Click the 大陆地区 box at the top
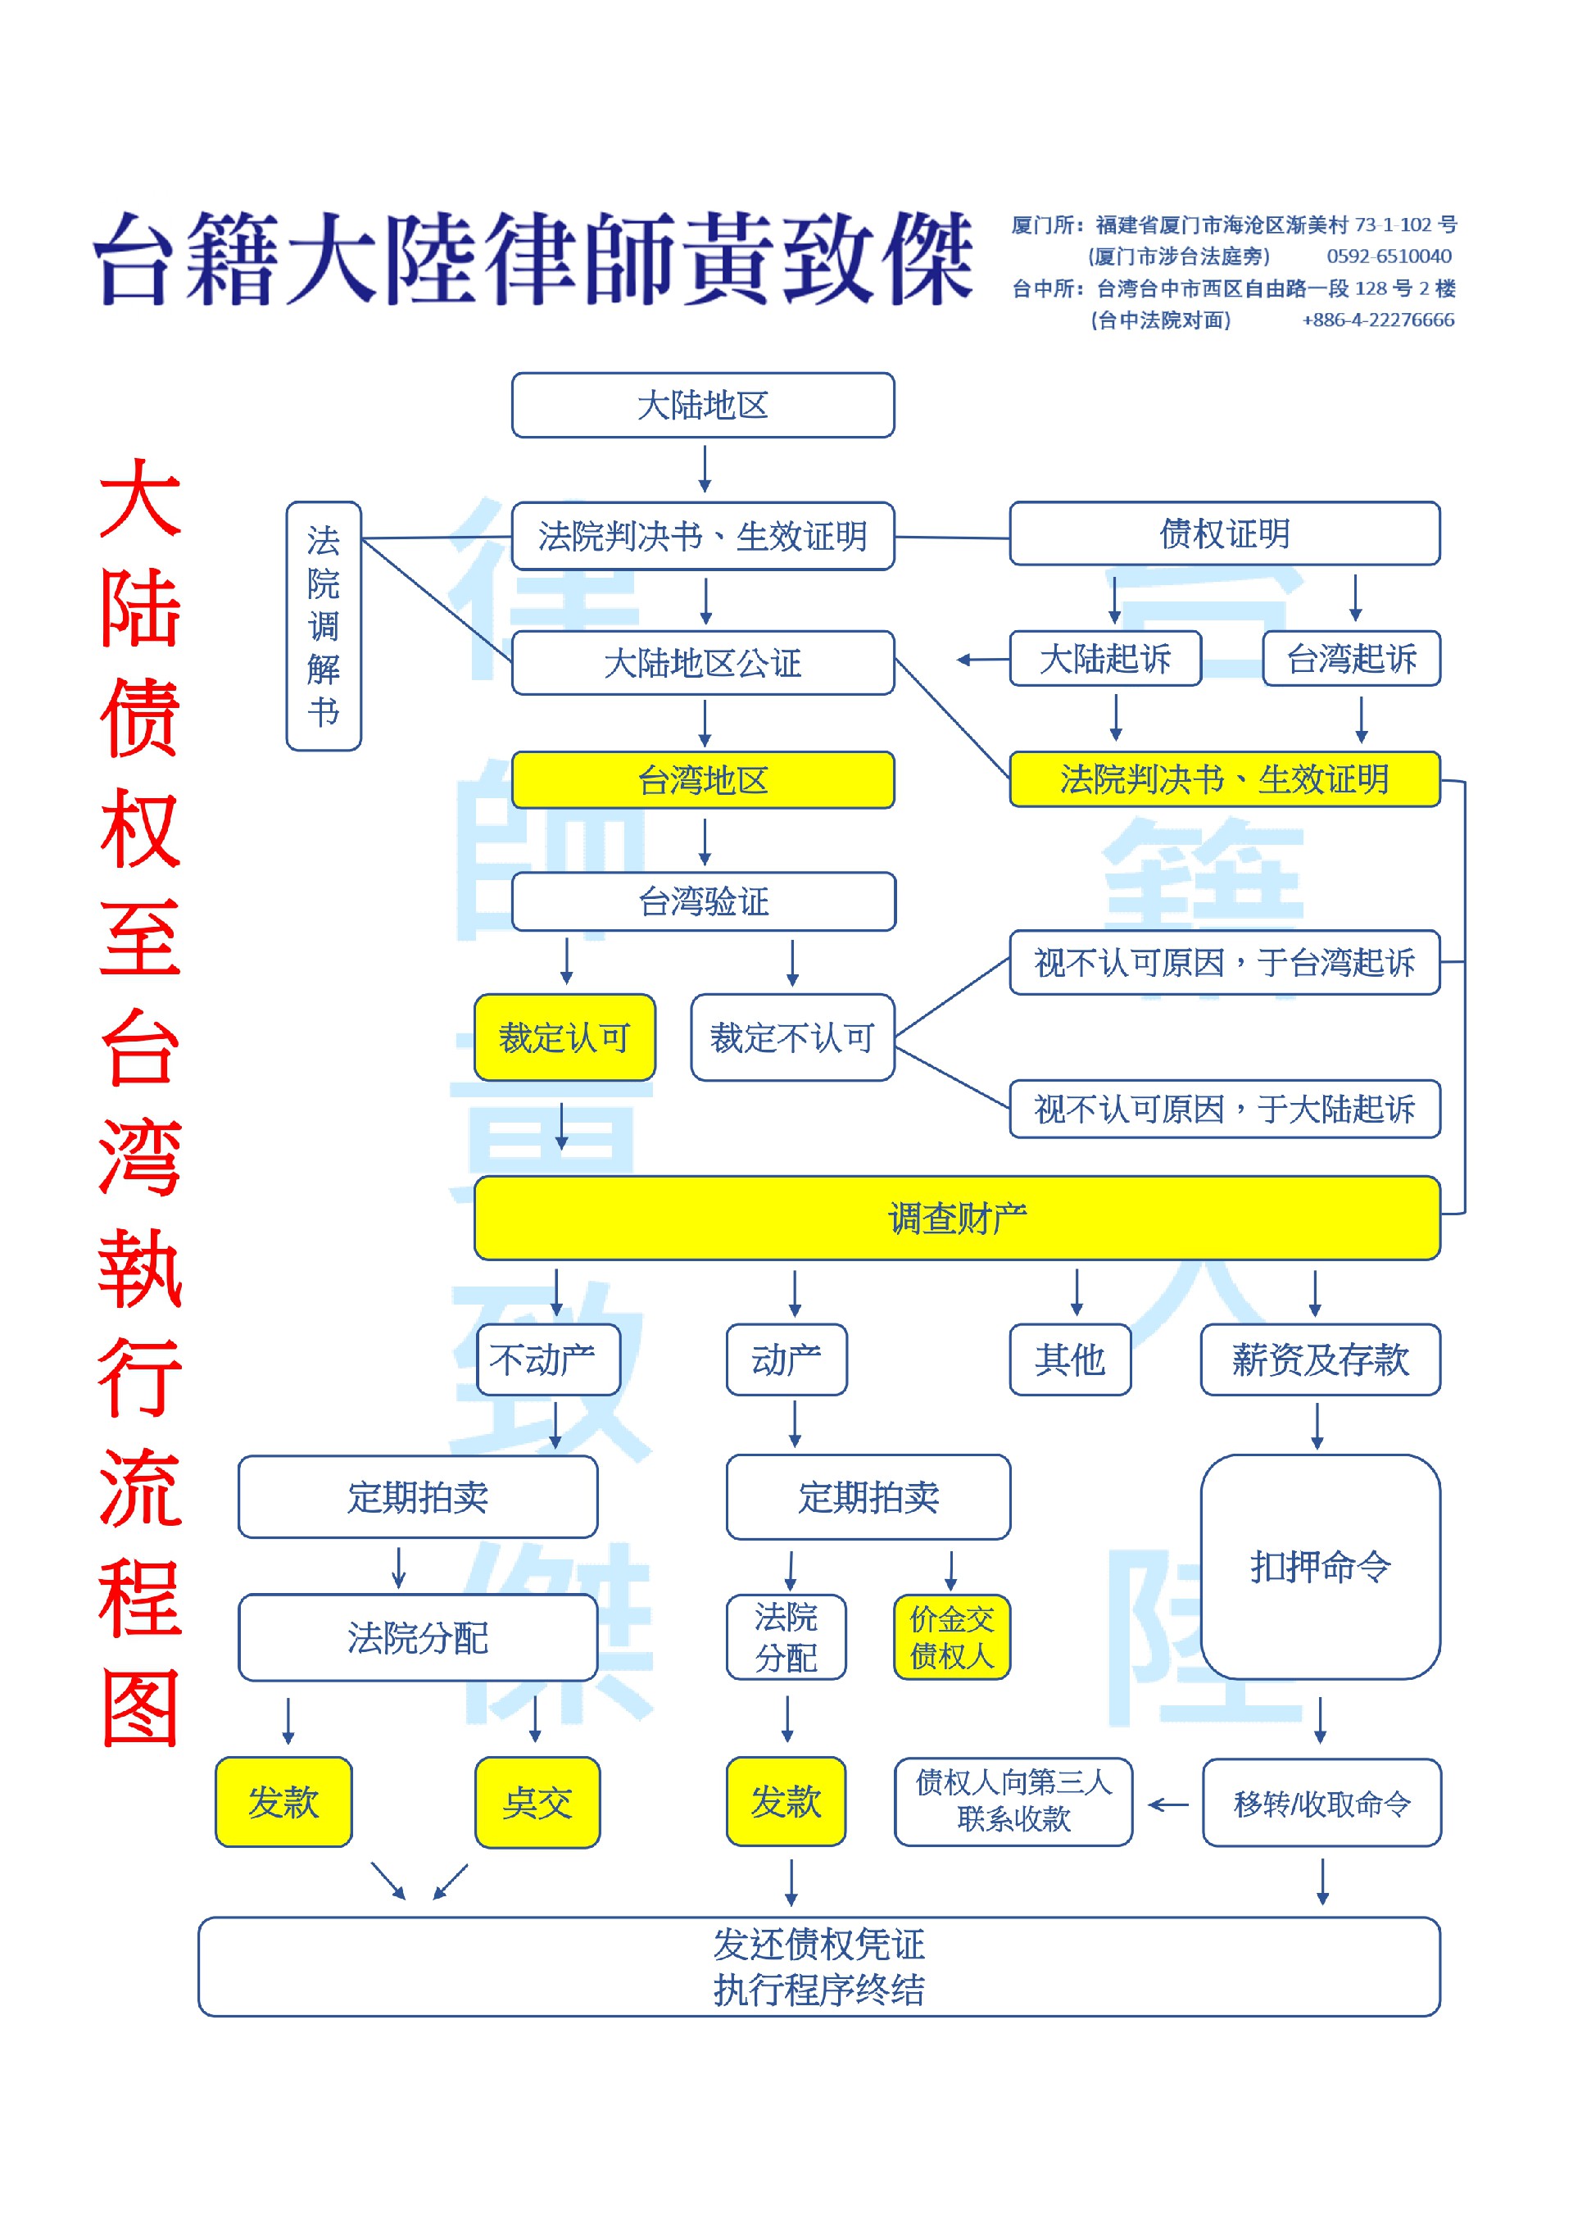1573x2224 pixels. tap(702, 405)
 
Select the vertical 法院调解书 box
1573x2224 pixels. tap(324, 626)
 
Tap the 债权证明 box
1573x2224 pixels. tap(1224, 533)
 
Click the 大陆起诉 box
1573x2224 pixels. tap(1104, 659)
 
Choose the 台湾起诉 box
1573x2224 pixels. tap(1351, 659)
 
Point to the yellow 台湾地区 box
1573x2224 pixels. tap(702, 780)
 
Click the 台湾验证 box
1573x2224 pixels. tap(702, 901)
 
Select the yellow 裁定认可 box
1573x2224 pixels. tap(564, 1037)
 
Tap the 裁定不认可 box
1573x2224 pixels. tap(791, 1037)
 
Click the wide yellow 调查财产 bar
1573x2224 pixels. tap(956, 1219)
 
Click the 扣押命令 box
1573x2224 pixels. tap(1319, 1566)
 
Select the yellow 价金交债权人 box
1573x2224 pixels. tap(951, 1637)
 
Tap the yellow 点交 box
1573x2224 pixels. tap(537, 1803)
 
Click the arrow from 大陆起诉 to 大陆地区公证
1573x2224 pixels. tap(981, 660)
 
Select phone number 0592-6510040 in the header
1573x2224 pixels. tap(1388, 256)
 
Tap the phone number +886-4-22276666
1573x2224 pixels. tap(1377, 320)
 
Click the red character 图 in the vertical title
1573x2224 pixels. tap(140, 1709)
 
